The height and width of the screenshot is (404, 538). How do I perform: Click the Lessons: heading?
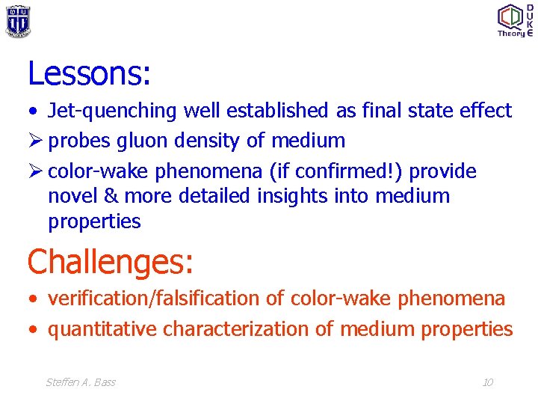90,73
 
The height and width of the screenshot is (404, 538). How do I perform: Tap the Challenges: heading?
111,262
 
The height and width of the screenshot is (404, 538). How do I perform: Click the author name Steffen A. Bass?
81,382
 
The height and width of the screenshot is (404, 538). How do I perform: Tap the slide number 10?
487,382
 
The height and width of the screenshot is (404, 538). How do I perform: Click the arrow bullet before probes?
34,141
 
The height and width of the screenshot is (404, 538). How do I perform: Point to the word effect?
486,111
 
